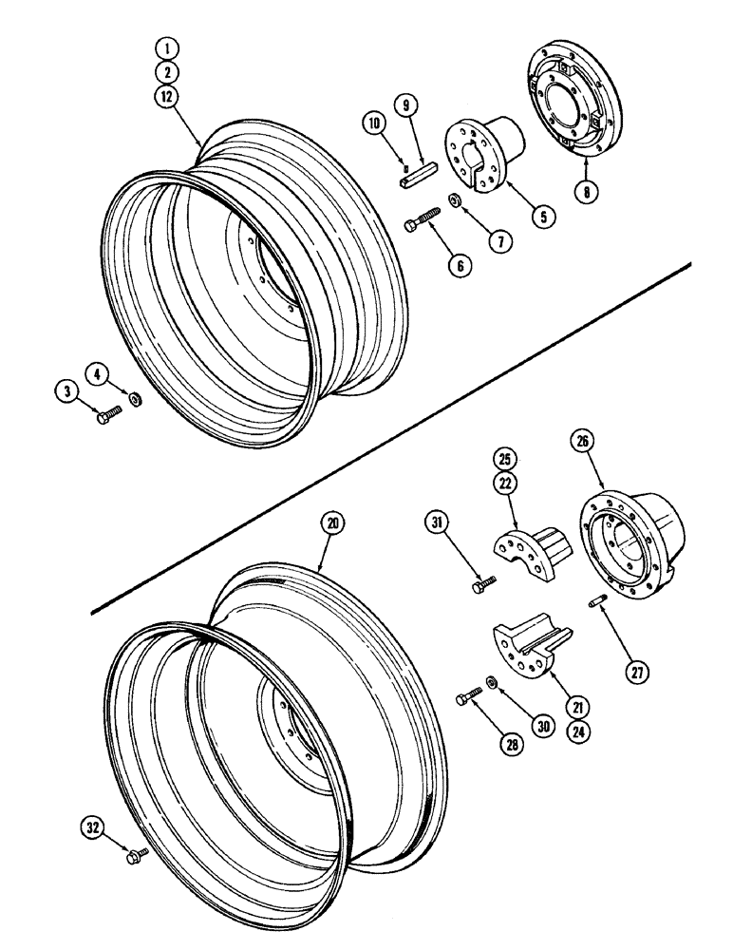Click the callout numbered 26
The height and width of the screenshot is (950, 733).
click(581, 441)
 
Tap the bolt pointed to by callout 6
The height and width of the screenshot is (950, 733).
click(424, 220)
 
